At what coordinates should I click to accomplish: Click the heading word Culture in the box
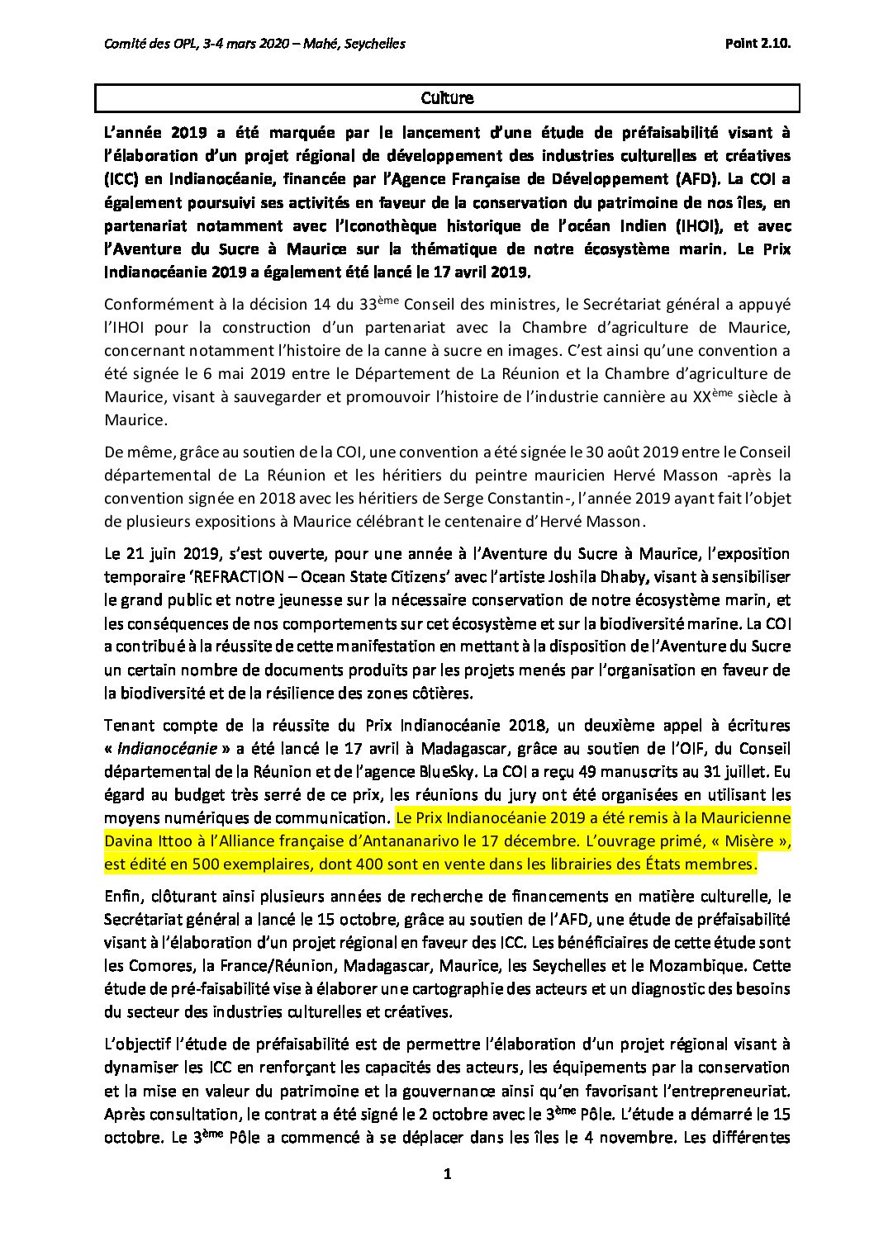[x=448, y=98]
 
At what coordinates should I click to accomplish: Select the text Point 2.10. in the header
[x=754, y=44]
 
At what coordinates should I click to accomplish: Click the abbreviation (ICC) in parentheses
[x=122, y=176]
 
